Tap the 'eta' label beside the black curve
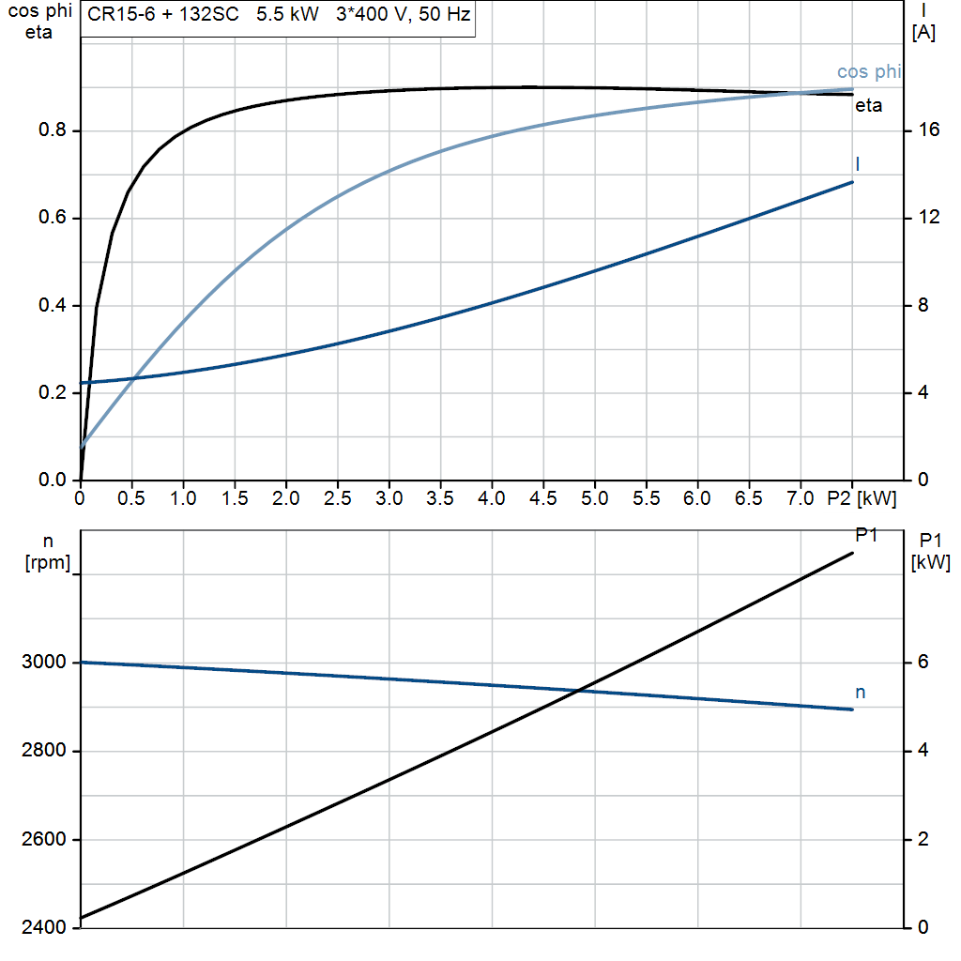click(x=868, y=106)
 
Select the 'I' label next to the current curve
click(x=858, y=164)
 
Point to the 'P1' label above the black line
click(x=866, y=534)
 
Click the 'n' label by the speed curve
click(x=861, y=693)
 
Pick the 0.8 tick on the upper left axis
click(x=52, y=130)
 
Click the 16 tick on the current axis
click(x=930, y=130)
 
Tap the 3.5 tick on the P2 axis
click(x=440, y=498)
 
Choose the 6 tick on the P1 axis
click(x=922, y=664)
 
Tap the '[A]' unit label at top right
click(x=923, y=33)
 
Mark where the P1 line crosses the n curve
click(x=579, y=691)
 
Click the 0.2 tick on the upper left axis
click(x=52, y=393)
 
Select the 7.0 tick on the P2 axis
click(x=800, y=498)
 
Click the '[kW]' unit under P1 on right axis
click(x=930, y=563)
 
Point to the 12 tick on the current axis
click(x=930, y=218)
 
